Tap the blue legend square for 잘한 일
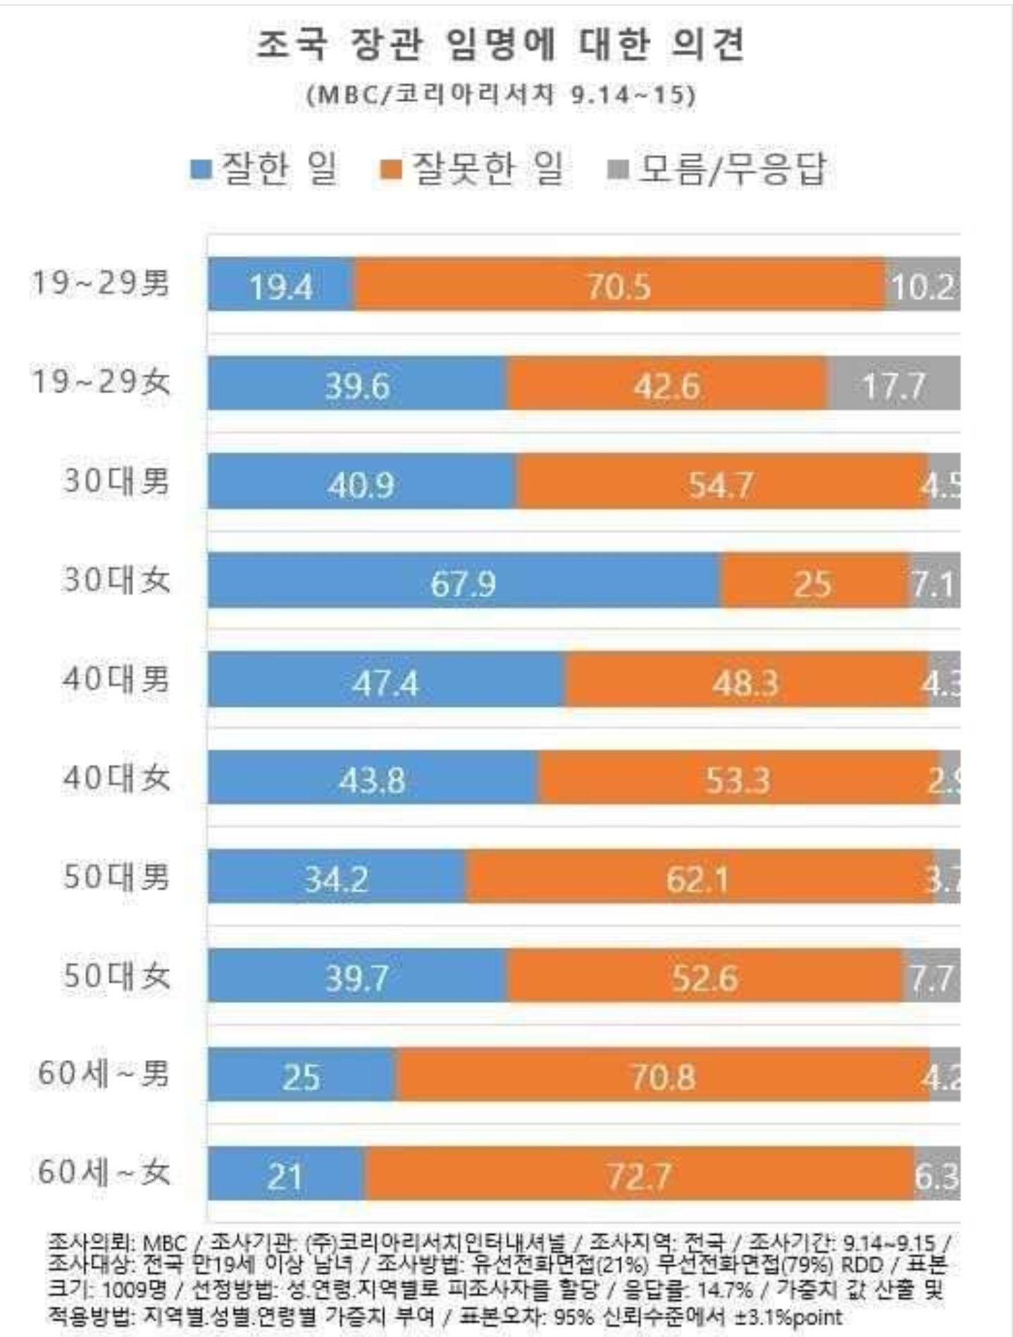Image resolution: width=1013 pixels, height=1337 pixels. (201, 170)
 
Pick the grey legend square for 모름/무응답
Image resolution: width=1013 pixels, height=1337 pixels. (617, 170)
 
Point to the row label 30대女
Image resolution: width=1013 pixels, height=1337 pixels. (116, 580)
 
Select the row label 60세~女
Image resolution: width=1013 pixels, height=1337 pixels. (104, 1173)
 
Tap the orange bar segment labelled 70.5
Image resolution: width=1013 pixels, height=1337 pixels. (619, 285)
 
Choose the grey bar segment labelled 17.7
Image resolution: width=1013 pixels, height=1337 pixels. (893, 384)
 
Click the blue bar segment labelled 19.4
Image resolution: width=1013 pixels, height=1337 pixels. (281, 285)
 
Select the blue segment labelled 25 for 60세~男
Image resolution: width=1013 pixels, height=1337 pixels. (302, 1075)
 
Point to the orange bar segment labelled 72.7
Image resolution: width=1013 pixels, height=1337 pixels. (639, 1174)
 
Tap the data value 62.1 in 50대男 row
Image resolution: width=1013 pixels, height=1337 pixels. (697, 878)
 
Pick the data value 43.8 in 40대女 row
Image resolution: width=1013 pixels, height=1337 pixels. (372, 779)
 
